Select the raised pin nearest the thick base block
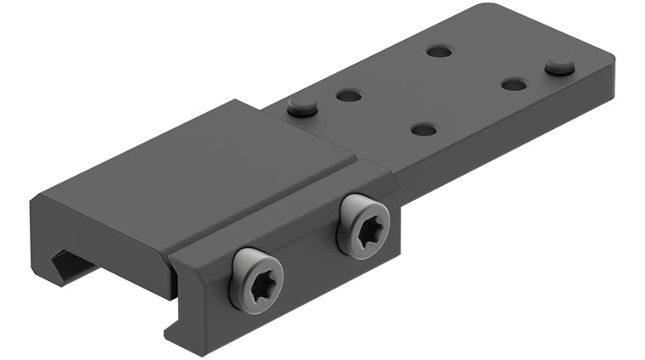pyautogui.click(x=301, y=106)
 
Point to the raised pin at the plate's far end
pyautogui.click(x=559, y=65)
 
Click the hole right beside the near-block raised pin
pyautogui.click(x=349, y=95)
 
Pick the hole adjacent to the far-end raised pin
pyautogui.click(x=514, y=84)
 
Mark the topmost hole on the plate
pyautogui.click(x=439, y=51)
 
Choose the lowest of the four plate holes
pyautogui.click(x=423, y=130)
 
